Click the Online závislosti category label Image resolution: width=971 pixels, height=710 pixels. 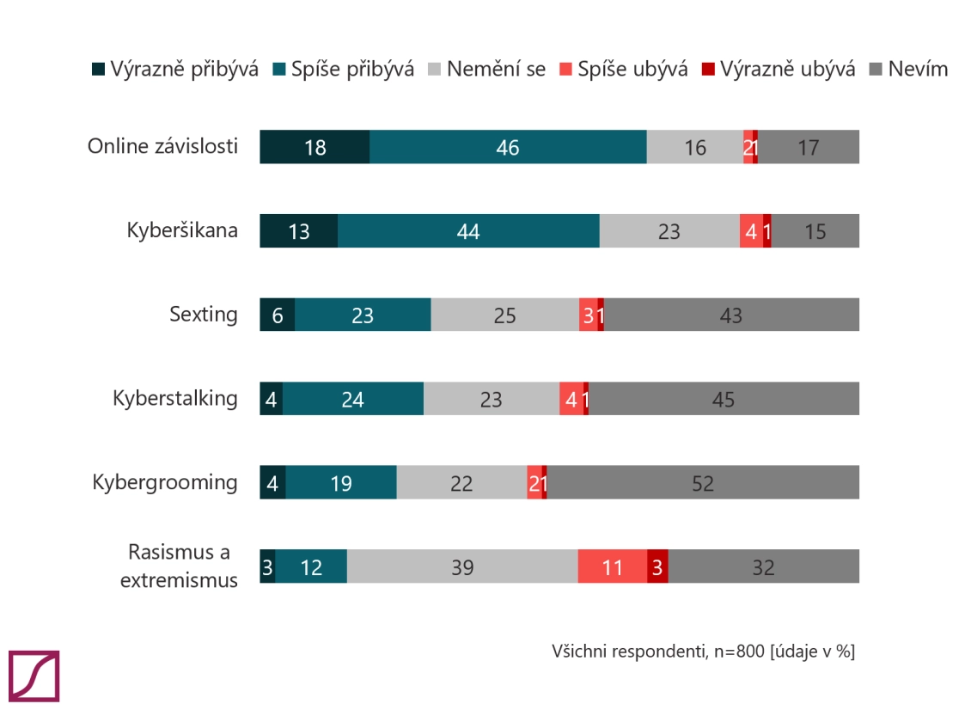(x=162, y=146)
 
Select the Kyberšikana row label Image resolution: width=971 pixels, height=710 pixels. (x=182, y=230)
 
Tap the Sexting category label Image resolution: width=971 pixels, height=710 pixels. (x=203, y=314)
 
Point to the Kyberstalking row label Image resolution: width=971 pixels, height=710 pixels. (x=174, y=398)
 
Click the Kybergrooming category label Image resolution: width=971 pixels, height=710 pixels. (x=165, y=482)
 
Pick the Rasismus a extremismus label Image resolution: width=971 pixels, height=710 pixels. (x=179, y=566)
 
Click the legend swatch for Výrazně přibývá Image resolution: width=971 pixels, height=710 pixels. (x=99, y=69)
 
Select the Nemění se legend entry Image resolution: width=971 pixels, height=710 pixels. (x=486, y=69)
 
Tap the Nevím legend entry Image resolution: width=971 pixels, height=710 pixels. (x=908, y=69)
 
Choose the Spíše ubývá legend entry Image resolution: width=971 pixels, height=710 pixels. (x=624, y=69)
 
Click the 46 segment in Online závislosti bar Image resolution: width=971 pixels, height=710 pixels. (x=508, y=147)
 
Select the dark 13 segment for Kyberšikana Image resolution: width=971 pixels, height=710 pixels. (x=298, y=230)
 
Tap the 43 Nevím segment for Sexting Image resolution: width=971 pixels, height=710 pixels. (x=731, y=315)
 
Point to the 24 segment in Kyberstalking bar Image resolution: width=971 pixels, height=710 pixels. (x=353, y=398)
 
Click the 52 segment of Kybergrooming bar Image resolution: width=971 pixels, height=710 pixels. (x=703, y=482)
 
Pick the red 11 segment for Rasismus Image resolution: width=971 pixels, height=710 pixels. (x=613, y=566)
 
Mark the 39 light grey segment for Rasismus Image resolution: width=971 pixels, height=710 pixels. (x=462, y=566)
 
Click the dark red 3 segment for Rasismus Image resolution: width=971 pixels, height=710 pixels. (x=657, y=566)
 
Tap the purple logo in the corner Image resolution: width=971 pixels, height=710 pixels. (x=34, y=676)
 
